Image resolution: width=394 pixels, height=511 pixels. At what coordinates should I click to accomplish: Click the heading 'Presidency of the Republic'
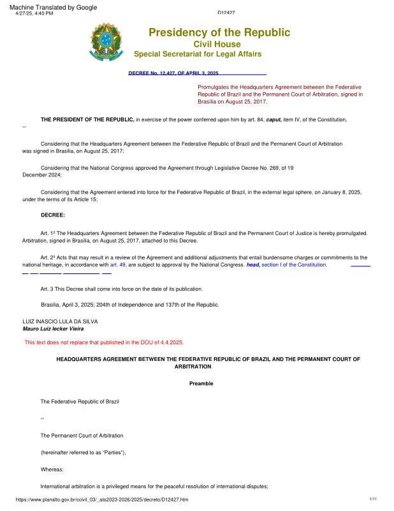tap(219, 33)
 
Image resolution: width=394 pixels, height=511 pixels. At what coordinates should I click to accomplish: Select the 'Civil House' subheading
tap(217, 44)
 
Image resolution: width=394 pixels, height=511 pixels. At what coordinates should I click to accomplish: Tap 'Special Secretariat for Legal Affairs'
tap(198, 54)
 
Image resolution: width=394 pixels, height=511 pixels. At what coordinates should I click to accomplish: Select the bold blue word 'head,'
tap(253, 264)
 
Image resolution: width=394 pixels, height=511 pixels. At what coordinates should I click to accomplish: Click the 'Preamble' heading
tap(201, 383)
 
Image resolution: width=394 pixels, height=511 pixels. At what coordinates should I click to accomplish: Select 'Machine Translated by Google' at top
tap(54, 7)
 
